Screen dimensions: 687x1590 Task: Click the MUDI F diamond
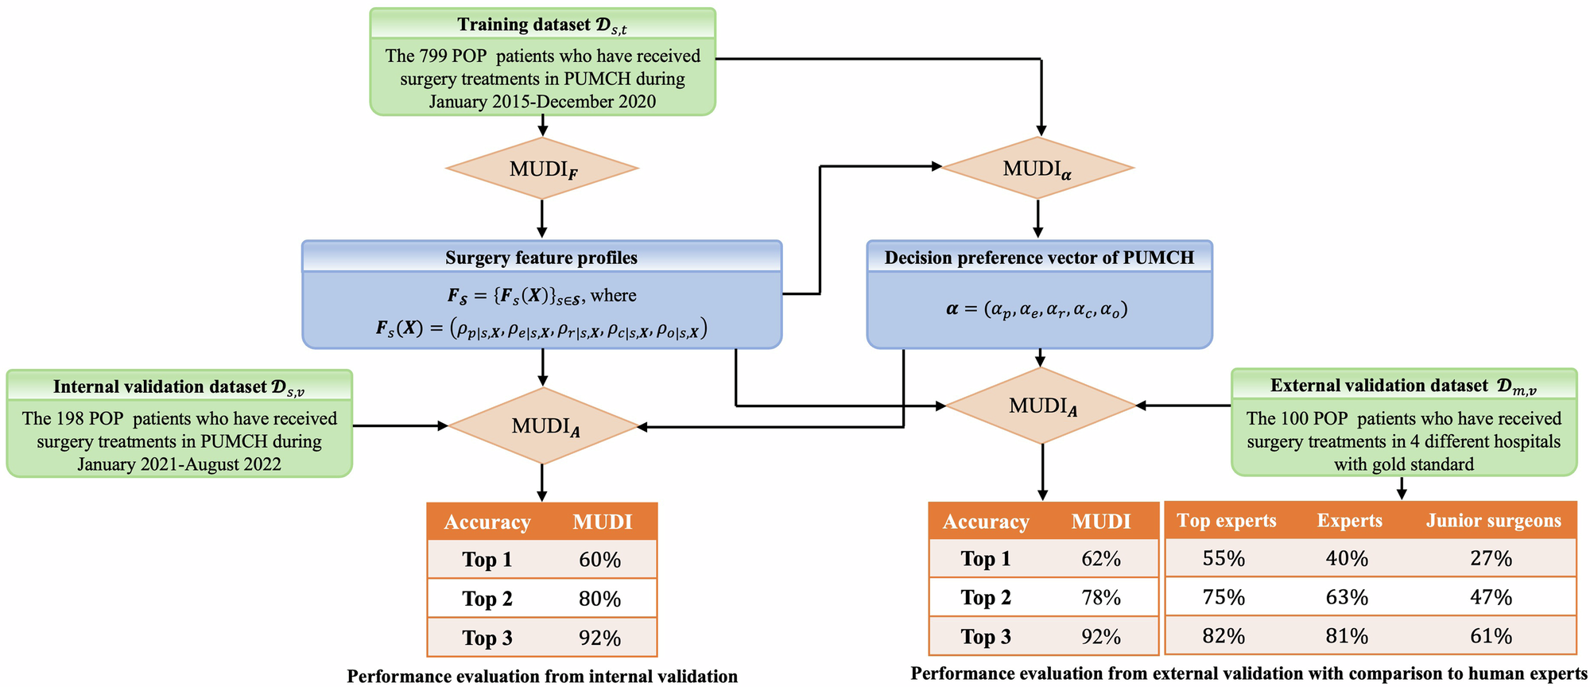(542, 169)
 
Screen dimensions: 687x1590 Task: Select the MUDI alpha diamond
(1037, 169)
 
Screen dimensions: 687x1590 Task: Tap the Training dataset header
(542, 25)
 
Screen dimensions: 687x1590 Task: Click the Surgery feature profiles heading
(541, 258)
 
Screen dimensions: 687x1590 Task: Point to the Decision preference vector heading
(1039, 258)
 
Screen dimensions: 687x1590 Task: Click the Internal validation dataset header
(179, 386)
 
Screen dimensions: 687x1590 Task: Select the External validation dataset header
(1403, 386)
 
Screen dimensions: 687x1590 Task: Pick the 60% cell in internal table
(599, 560)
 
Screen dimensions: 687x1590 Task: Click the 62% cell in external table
(1101, 559)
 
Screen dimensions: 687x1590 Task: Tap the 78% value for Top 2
(1101, 597)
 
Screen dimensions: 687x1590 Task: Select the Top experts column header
(1226, 521)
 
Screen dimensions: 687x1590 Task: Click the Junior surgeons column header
(1493, 521)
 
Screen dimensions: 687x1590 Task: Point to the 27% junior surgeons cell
(1491, 558)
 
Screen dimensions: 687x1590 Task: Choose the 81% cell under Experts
(1347, 636)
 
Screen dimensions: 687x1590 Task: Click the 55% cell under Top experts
(1224, 558)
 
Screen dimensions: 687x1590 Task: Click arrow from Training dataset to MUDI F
(542, 126)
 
